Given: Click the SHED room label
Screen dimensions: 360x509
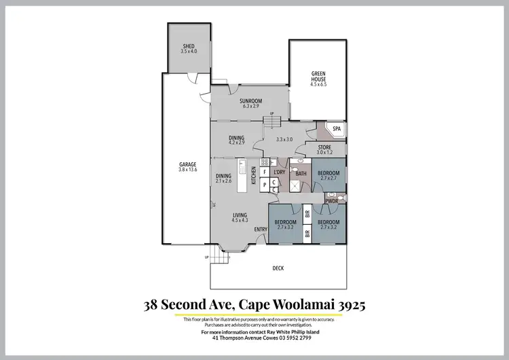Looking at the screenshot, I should point(187,46).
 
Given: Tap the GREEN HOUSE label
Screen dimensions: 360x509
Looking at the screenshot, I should point(318,75).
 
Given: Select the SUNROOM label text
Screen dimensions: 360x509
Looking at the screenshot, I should point(251,100).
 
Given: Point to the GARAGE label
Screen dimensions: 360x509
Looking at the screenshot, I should point(187,164).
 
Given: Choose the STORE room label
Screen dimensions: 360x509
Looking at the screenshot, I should point(324,147).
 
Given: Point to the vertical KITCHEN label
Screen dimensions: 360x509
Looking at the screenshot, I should point(254,175).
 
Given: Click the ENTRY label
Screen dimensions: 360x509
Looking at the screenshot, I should point(261,229).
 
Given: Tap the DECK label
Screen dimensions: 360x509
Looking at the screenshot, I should point(278,268).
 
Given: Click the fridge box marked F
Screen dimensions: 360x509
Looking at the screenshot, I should point(264,173).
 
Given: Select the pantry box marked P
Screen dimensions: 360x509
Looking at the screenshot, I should point(264,185).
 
